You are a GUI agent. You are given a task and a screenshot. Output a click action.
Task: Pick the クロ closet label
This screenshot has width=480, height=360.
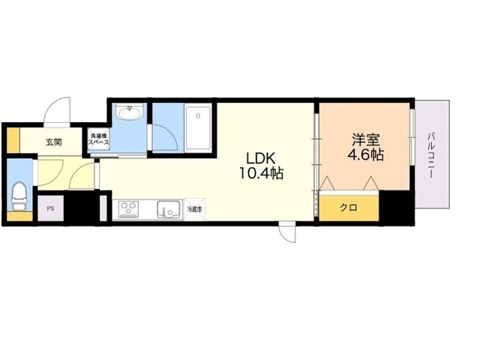point(348,207)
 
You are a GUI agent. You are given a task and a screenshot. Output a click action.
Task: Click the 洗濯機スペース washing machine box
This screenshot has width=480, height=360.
point(99,140)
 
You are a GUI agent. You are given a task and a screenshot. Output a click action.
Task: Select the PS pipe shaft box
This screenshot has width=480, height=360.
point(51,209)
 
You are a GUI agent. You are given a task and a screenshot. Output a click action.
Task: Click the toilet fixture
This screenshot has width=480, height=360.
point(19,196)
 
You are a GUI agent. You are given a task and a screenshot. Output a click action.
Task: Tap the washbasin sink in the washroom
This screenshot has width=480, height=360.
point(130,113)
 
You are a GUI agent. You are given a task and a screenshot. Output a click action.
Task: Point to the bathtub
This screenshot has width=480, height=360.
point(199,127)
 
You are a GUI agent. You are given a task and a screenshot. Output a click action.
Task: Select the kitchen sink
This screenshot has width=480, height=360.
point(169,208)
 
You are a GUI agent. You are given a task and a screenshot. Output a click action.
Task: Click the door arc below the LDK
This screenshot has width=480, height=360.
point(287,233)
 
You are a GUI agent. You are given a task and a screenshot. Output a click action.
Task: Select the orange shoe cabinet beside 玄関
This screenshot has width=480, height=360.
point(13,140)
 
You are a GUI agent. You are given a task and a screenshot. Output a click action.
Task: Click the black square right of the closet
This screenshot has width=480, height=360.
point(397,207)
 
